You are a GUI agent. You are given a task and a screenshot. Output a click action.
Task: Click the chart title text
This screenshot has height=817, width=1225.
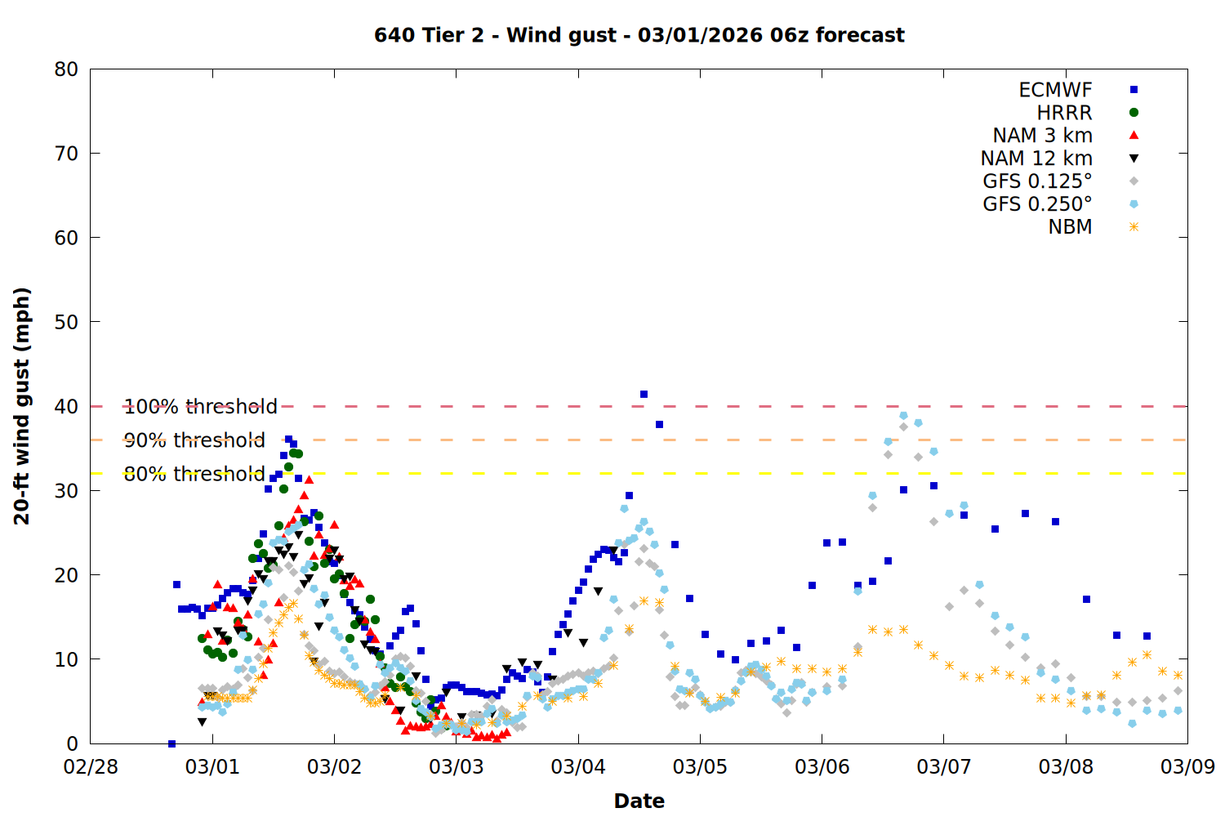[639, 35]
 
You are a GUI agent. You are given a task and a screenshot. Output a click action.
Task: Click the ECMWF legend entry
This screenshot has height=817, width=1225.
[1055, 90]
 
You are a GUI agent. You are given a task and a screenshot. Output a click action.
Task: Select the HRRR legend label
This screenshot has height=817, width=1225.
[1064, 113]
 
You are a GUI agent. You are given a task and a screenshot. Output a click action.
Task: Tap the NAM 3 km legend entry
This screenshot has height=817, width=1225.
[1042, 136]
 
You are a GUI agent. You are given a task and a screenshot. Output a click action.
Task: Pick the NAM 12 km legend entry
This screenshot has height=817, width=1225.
[1036, 158]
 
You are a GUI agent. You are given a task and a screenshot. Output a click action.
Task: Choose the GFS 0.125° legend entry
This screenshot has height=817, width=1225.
[1037, 181]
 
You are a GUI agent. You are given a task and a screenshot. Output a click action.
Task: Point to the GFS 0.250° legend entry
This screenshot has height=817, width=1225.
[1037, 204]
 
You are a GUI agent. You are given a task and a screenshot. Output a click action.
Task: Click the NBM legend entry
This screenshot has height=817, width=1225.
[1070, 227]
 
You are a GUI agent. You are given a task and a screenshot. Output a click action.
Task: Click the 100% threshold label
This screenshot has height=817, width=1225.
[200, 407]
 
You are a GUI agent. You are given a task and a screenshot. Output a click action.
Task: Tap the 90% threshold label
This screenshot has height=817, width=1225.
[194, 440]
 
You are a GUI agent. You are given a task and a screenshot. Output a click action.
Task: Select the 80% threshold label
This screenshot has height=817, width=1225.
[194, 474]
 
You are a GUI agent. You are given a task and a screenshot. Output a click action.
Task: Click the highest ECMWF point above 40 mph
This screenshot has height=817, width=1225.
[644, 395]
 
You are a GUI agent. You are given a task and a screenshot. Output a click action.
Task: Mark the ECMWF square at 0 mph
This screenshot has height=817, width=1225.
[171, 743]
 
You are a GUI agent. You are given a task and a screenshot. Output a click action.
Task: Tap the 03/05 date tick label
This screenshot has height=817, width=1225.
[700, 767]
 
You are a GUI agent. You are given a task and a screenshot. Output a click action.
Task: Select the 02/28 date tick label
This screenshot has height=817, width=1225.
[91, 767]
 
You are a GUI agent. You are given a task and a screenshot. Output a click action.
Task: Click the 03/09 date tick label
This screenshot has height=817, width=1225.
[1187, 767]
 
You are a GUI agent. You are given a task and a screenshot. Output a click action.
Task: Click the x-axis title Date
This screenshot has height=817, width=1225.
[639, 801]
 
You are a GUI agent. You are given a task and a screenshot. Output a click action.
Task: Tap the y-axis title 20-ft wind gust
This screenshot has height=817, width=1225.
[22, 406]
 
